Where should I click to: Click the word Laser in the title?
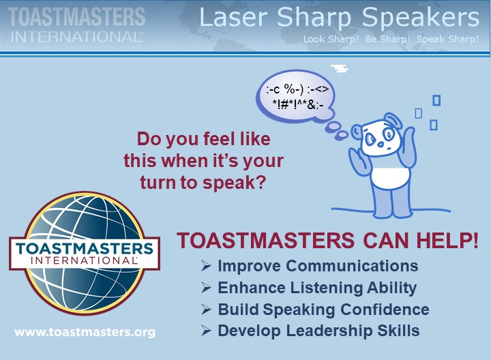(x=233, y=17)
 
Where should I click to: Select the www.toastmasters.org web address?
(x=85, y=333)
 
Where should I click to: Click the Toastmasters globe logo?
(x=85, y=254)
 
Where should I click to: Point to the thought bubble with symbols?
(x=295, y=96)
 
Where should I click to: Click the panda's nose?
(x=380, y=145)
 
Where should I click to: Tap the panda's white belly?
(x=387, y=178)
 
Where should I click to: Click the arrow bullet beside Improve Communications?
(x=206, y=266)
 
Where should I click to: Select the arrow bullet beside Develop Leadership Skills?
(x=206, y=331)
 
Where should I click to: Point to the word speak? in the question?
(x=234, y=183)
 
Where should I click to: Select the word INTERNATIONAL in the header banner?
(x=77, y=37)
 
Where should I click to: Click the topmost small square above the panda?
(x=436, y=100)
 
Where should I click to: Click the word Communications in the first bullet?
(x=352, y=266)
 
